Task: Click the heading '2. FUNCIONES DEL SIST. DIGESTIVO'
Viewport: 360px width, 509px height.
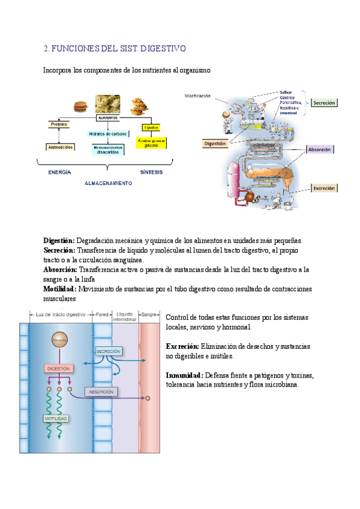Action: pos(115,48)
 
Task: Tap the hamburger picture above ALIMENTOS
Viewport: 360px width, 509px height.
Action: pos(80,106)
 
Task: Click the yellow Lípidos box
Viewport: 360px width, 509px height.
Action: pos(151,127)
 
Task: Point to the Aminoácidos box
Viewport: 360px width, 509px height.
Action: pos(61,146)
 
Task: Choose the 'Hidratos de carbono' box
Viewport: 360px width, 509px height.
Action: pos(107,134)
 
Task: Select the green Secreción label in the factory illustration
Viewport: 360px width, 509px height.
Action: pos(325,103)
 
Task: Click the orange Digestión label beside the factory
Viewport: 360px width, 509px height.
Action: pos(215,143)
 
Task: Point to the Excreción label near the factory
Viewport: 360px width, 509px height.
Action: pos(325,188)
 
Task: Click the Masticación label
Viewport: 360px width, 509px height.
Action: pos(197,95)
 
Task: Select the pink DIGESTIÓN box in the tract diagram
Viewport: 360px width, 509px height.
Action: pos(59,368)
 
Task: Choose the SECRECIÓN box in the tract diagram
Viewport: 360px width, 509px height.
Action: pos(108,351)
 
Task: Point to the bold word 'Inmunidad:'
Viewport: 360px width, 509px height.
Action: pos(185,376)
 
